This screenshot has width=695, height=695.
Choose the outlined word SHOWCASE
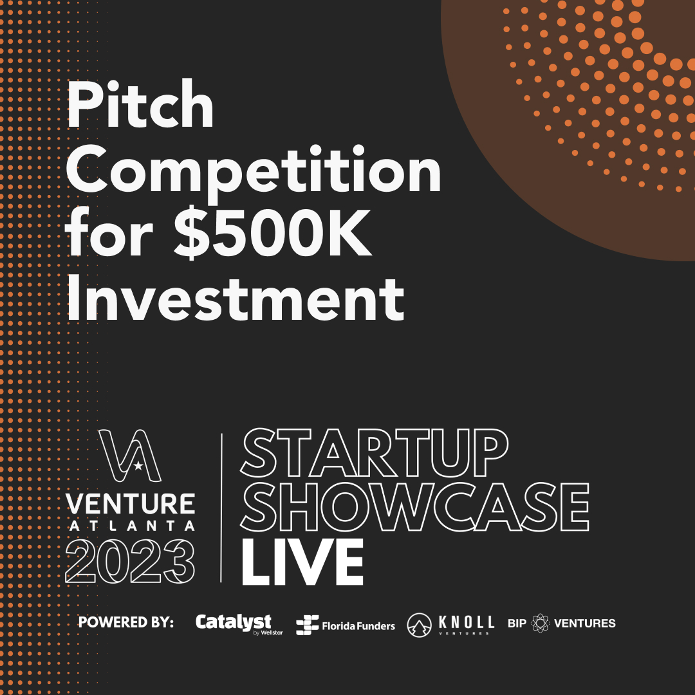point(414,508)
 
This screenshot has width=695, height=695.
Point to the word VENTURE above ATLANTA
point(130,505)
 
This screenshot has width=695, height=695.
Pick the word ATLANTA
point(130,525)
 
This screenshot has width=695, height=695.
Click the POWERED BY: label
point(126,623)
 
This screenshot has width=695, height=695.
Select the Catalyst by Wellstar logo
point(234,624)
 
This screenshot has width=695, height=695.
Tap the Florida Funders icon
point(307,625)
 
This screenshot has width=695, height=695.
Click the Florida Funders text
point(358,625)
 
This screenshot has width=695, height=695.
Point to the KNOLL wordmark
point(466,622)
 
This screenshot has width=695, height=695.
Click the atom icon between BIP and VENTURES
point(541,623)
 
